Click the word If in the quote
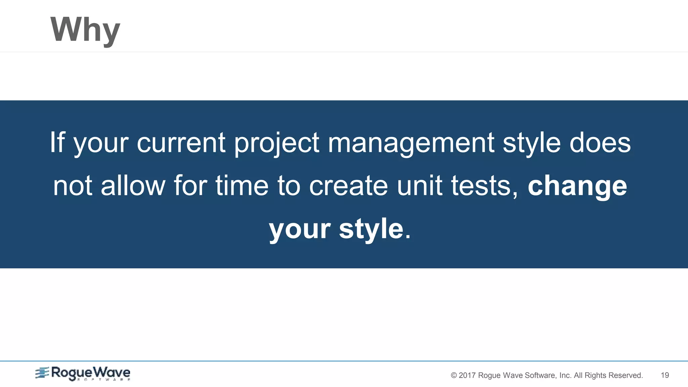click(57, 142)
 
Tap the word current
click(181, 142)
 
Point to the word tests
click(484, 186)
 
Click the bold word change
click(577, 186)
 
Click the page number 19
click(665, 375)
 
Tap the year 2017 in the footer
click(467, 375)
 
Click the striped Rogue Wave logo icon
click(42, 373)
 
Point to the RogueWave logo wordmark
click(90, 373)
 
